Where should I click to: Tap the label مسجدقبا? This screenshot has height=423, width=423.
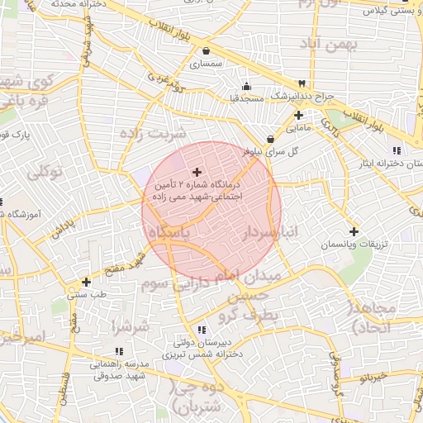[x=245, y=98]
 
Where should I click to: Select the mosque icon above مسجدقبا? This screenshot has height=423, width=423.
[x=245, y=86]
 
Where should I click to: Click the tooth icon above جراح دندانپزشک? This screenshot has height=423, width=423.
[x=302, y=83]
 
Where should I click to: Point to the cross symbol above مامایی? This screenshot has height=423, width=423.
[x=298, y=115]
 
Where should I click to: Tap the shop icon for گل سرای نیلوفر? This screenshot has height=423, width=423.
[x=271, y=139]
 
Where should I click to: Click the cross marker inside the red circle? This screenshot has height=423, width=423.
[x=195, y=171]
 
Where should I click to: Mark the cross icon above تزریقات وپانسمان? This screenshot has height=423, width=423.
[x=354, y=231]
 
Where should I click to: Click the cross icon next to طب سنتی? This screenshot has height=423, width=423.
[x=86, y=282]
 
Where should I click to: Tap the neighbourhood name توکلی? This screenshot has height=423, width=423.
[x=45, y=173]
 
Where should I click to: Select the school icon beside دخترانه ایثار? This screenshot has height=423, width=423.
[x=397, y=150]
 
